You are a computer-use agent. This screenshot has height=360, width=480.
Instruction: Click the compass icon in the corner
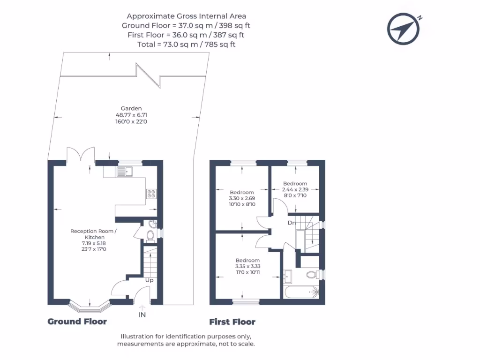pos(404,29)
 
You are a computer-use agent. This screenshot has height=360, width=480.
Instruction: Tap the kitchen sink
pos(125,172)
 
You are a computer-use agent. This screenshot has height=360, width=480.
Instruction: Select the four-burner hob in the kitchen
pos(151,194)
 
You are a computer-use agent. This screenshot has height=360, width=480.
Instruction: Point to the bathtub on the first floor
pos(302,292)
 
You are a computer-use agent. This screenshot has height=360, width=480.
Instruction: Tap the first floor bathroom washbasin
pos(288,277)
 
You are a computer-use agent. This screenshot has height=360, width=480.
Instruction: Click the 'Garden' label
pos(131,108)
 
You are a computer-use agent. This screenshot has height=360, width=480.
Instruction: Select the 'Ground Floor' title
pos(77,322)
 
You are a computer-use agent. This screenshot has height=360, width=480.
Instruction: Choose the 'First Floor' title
pos(232,322)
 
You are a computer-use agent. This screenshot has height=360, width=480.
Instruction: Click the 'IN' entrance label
pos(142,315)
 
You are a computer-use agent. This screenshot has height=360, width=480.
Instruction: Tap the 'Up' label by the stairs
pos(150,280)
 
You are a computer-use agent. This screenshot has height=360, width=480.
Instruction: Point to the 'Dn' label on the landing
pos(292,223)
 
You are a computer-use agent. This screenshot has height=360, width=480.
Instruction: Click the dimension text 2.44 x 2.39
pos(295,189)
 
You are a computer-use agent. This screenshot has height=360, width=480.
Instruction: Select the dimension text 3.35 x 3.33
pos(247,266)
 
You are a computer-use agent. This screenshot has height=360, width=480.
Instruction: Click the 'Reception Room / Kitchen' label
pos(94,234)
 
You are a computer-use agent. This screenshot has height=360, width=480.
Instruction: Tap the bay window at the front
pos(89,306)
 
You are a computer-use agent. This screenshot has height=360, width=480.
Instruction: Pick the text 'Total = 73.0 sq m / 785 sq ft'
pos(186,45)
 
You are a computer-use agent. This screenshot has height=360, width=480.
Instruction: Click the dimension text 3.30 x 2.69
pos(242,198)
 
